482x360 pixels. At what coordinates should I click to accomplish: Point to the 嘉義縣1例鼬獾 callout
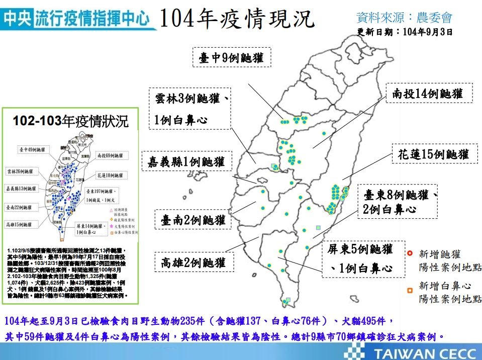186,161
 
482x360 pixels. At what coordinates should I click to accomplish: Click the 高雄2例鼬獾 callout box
194,262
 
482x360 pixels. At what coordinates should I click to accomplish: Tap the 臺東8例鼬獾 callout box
399,201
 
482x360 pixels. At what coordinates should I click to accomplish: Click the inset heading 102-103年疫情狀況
70,121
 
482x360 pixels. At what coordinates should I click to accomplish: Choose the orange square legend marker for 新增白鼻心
410,290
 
